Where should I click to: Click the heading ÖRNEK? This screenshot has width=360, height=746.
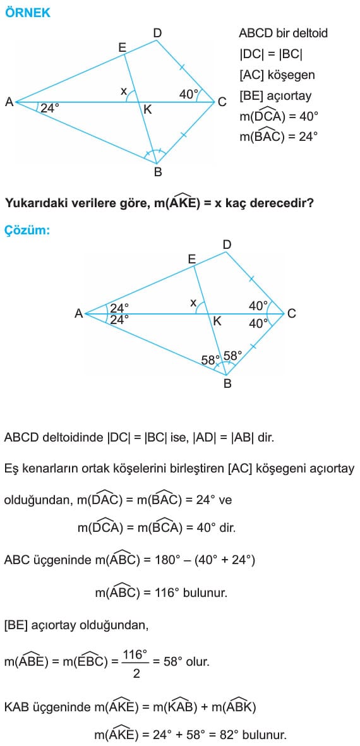click(27, 13)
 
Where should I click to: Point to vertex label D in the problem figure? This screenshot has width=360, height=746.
click(157, 33)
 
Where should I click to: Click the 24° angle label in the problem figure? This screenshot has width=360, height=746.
click(50, 108)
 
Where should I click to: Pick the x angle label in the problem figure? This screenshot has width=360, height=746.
click(124, 92)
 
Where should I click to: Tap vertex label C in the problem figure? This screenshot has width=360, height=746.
click(222, 102)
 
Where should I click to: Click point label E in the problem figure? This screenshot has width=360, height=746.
click(123, 47)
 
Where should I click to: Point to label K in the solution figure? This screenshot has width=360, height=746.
click(217, 321)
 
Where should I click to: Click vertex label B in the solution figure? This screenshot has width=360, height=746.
click(227, 383)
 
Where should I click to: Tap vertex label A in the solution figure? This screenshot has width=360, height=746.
click(79, 313)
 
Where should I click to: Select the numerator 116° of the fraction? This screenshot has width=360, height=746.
click(136, 654)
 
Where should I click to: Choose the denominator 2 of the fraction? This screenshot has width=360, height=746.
click(136, 674)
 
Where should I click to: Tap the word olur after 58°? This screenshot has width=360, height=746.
click(197, 662)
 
